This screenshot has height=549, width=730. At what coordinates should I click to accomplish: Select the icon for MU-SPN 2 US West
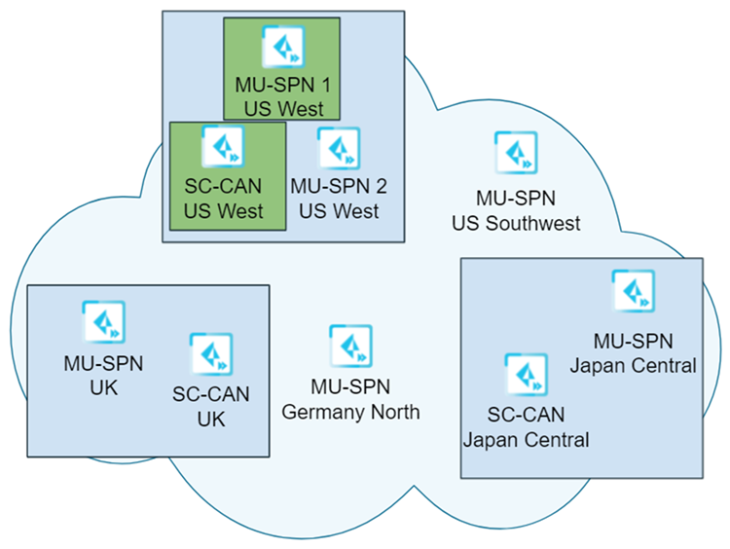point(339,149)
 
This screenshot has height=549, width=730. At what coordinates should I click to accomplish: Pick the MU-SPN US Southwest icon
point(516,153)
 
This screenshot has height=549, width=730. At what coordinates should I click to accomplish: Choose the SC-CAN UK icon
point(211,354)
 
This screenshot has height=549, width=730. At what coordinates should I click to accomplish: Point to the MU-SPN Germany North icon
point(350,346)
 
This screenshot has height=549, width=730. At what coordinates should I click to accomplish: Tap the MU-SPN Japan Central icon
point(633,291)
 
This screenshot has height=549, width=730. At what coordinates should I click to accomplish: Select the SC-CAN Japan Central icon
point(526,375)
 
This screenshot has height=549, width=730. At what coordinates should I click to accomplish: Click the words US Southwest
point(516,224)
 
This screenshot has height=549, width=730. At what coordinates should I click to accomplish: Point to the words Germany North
point(350,413)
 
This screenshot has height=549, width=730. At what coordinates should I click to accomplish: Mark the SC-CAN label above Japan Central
point(526,415)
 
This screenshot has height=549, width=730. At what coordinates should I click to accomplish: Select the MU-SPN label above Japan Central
point(633,341)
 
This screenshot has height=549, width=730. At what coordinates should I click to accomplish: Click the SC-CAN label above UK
point(211,395)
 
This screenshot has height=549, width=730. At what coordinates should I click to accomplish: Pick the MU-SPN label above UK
point(103,364)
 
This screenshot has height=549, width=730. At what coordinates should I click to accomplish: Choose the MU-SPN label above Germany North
point(350,387)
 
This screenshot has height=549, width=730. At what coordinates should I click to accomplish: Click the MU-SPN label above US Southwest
point(516,199)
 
